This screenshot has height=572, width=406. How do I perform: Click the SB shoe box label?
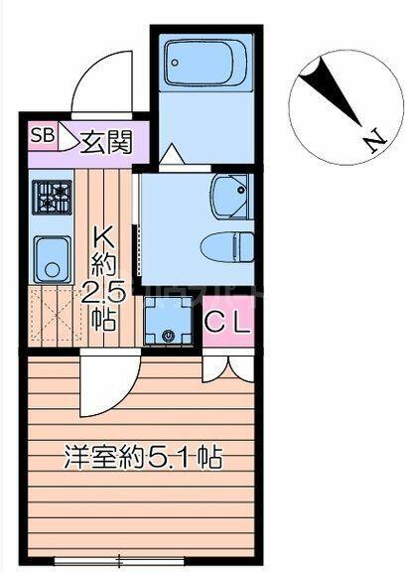coord(43,136)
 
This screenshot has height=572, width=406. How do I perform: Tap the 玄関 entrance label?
coord(105,142)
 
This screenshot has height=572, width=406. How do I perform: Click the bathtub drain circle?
coord(175,63)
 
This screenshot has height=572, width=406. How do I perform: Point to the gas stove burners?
coord(51,197)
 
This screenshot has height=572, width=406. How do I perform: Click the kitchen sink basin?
coord(53,259)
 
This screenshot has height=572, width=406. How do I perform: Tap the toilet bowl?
coord(227,247)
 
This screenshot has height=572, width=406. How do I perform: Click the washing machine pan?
coord(168,321)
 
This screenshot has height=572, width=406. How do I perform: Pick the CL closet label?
coord(227,322)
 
